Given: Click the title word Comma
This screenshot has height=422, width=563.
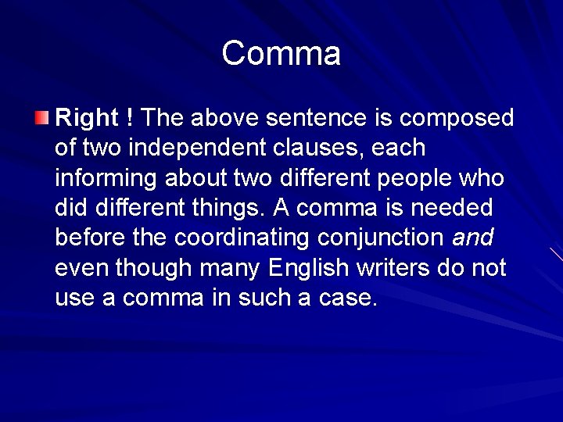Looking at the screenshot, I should [281, 54].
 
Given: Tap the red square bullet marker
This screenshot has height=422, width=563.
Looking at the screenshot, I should [41, 119].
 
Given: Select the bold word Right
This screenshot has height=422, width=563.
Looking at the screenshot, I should [85, 118].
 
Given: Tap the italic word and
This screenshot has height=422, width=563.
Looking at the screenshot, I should [472, 238].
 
